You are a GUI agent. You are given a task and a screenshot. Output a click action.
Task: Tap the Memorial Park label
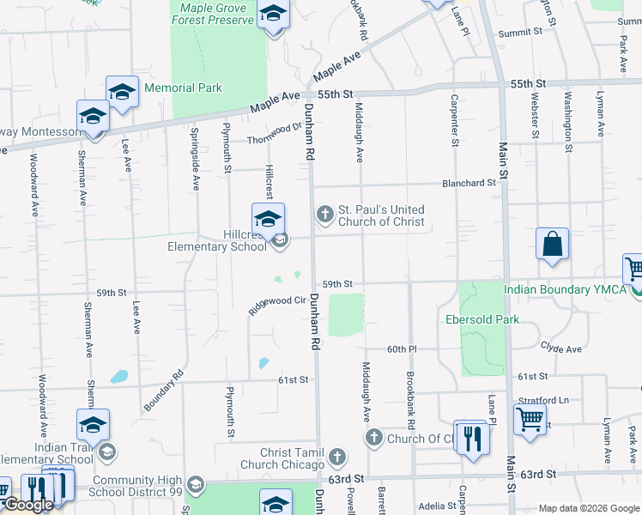pyautogui.click(x=183, y=88)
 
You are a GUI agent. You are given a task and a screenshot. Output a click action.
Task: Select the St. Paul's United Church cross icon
pyautogui.click(x=325, y=214)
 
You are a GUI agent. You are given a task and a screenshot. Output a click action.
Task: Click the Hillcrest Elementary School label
pyautogui.click(x=220, y=240)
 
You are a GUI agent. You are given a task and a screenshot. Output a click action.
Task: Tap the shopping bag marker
pyautogui.click(x=552, y=243)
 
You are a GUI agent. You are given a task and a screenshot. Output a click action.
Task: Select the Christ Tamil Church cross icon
pyautogui.click(x=337, y=456)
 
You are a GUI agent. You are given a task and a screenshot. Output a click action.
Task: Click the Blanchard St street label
pyautogui.click(x=469, y=183)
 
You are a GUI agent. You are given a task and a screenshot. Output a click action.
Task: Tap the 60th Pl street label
pyautogui.click(x=401, y=349)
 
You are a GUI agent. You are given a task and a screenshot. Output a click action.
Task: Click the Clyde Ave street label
pyautogui.click(x=560, y=348)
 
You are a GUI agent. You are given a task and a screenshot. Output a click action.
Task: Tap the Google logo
pyautogui.click(x=28, y=506)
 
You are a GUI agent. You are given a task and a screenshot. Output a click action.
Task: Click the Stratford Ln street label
pyautogui.click(x=543, y=400)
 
